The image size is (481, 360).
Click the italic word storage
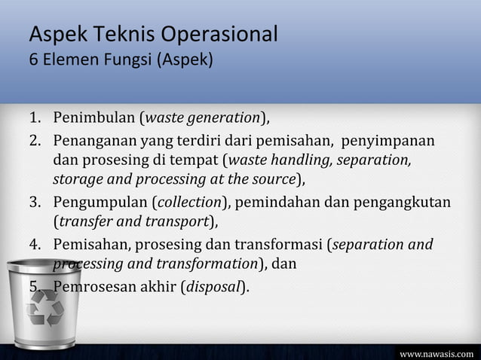[76, 179]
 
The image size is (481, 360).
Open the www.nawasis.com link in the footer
[437, 352]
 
